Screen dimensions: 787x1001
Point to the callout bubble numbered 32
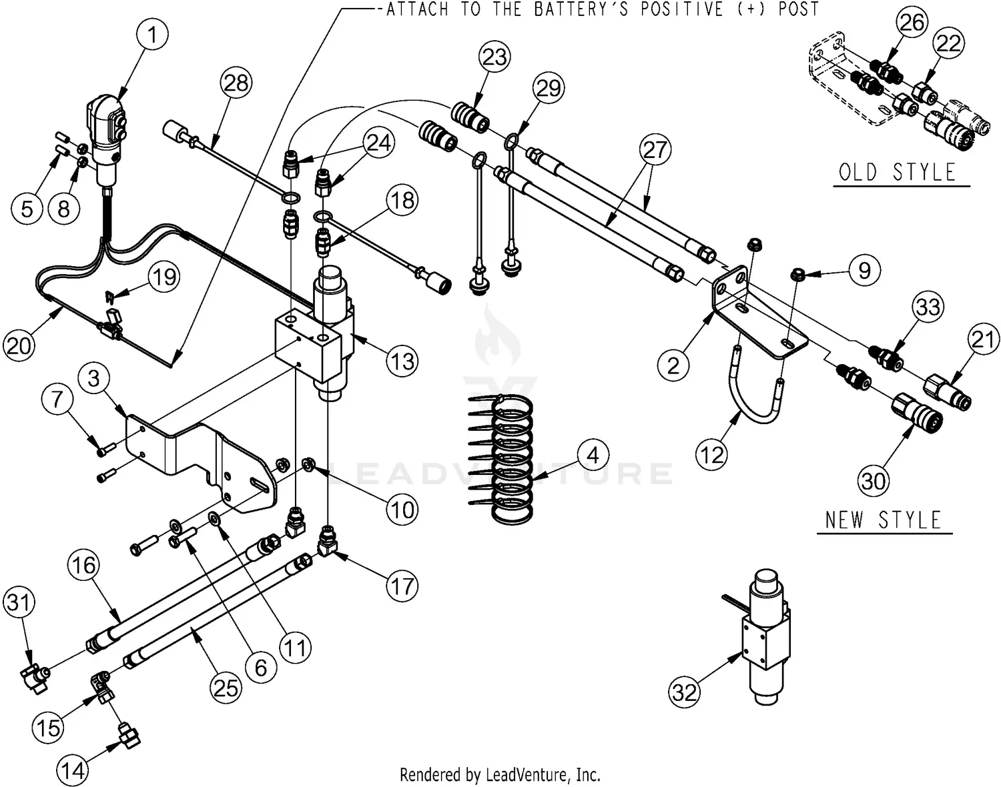(x=685, y=692)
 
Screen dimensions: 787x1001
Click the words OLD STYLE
(x=898, y=173)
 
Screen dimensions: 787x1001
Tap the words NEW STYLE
(x=883, y=520)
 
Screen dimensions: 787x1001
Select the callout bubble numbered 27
(x=655, y=149)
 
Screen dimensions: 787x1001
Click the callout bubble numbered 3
(x=93, y=379)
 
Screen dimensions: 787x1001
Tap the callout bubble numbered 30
(x=873, y=480)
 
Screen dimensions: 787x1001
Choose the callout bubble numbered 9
(x=864, y=270)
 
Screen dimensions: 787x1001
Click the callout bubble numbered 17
(x=402, y=586)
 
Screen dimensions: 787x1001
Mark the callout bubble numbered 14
(x=73, y=770)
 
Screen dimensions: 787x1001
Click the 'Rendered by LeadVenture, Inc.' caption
(x=500, y=774)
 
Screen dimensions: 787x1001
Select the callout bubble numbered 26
(x=912, y=23)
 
